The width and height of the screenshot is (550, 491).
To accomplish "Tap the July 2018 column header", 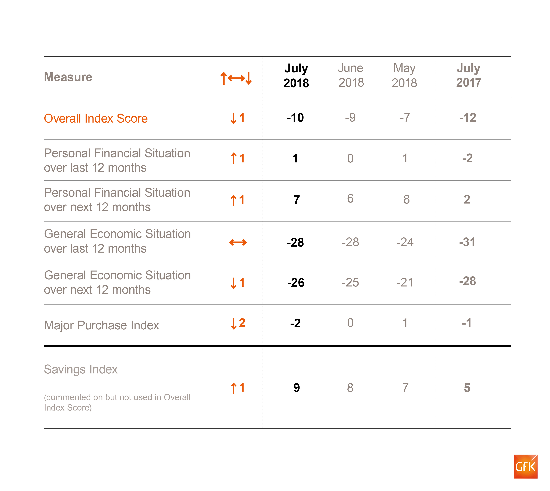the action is [296, 75].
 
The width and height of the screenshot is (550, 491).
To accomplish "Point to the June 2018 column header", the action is [351, 75].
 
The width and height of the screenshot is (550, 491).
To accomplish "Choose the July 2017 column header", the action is [469, 75].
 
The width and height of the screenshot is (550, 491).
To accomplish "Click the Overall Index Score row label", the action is [96, 118].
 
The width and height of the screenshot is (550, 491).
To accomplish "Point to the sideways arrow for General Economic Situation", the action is [238, 242].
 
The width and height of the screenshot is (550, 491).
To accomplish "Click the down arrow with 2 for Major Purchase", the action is [238, 323].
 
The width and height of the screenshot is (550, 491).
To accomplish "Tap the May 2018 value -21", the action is [405, 282].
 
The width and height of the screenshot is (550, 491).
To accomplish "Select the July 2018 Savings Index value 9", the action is [296, 388].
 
